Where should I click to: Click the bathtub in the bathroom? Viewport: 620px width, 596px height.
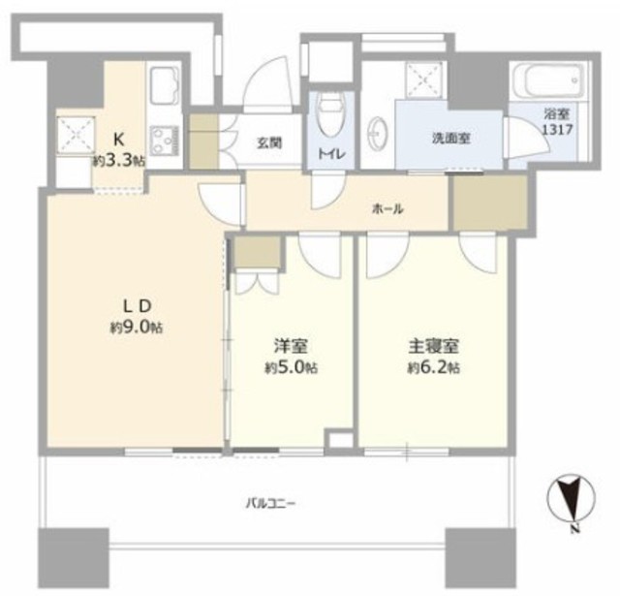click(549, 82)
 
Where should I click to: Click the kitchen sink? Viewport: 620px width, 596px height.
click(165, 89)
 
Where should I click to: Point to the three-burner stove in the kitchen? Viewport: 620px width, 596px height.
click(165, 141)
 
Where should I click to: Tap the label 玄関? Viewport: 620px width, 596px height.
click(269, 142)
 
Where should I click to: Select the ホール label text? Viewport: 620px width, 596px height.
click(387, 208)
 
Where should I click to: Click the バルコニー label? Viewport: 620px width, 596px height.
click(271, 504)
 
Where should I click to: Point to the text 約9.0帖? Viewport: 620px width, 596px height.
click(136, 328)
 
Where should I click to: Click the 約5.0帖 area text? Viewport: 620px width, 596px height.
click(291, 368)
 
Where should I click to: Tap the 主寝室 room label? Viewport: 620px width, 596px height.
click(433, 346)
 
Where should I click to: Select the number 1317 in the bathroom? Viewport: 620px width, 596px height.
click(557, 129)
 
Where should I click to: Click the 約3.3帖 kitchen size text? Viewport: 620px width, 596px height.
click(119, 162)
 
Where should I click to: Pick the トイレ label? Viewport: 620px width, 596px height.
click(332, 154)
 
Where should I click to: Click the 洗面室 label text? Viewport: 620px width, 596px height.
click(450, 139)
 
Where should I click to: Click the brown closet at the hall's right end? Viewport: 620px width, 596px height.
click(490, 203)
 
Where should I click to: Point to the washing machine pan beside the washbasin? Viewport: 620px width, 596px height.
click(425, 80)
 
